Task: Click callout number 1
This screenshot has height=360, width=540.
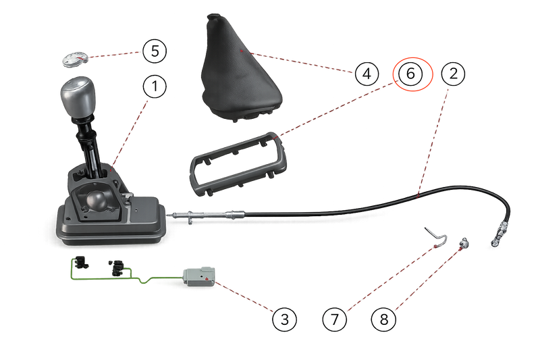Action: click(155, 86)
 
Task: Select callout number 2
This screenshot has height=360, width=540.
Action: click(453, 74)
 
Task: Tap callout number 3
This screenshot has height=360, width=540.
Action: click(284, 319)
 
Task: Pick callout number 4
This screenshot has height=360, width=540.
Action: click(367, 74)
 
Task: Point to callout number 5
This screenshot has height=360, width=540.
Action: click(155, 51)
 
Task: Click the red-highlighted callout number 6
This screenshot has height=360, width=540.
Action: click(410, 74)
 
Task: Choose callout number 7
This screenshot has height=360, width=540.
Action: click(335, 319)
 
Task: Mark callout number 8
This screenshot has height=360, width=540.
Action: click(383, 319)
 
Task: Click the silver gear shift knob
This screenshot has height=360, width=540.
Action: click(78, 97)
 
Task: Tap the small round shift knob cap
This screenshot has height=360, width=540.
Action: click(75, 59)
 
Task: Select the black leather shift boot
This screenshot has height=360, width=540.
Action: click(242, 68)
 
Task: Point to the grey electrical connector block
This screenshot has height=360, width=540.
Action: click(199, 276)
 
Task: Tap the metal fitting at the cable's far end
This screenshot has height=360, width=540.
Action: click(499, 234)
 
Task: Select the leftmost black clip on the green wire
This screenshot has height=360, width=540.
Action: click(81, 262)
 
